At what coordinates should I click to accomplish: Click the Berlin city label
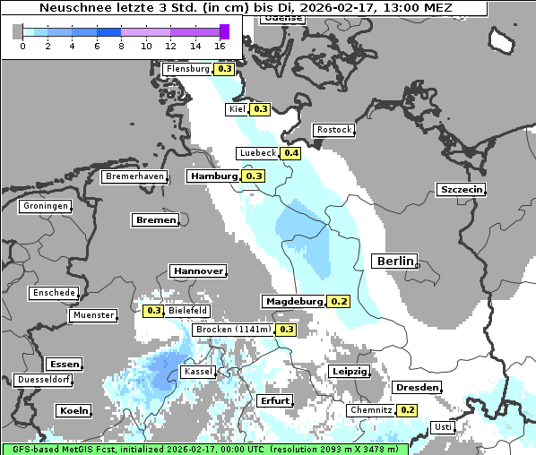click(x=394, y=261)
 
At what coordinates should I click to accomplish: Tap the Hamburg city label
click(x=213, y=176)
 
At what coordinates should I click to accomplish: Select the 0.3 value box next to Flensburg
click(x=225, y=69)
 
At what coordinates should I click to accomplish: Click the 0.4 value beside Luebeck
click(x=291, y=153)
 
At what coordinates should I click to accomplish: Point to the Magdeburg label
click(x=293, y=302)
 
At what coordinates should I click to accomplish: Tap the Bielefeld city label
click(x=187, y=311)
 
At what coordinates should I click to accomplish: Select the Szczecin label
click(x=461, y=189)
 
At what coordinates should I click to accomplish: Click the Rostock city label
click(x=333, y=130)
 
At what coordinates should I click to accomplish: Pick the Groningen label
click(x=46, y=206)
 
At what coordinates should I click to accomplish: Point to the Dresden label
click(x=416, y=388)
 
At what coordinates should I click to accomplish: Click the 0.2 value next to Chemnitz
click(x=408, y=410)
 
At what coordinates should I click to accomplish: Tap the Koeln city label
click(x=73, y=411)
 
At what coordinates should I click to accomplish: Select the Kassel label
click(x=198, y=371)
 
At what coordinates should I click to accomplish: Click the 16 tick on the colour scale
click(x=220, y=45)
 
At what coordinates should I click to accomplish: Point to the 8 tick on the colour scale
click(x=121, y=45)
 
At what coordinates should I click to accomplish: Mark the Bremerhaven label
click(x=135, y=176)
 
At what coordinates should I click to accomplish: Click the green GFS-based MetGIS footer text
click(x=204, y=449)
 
